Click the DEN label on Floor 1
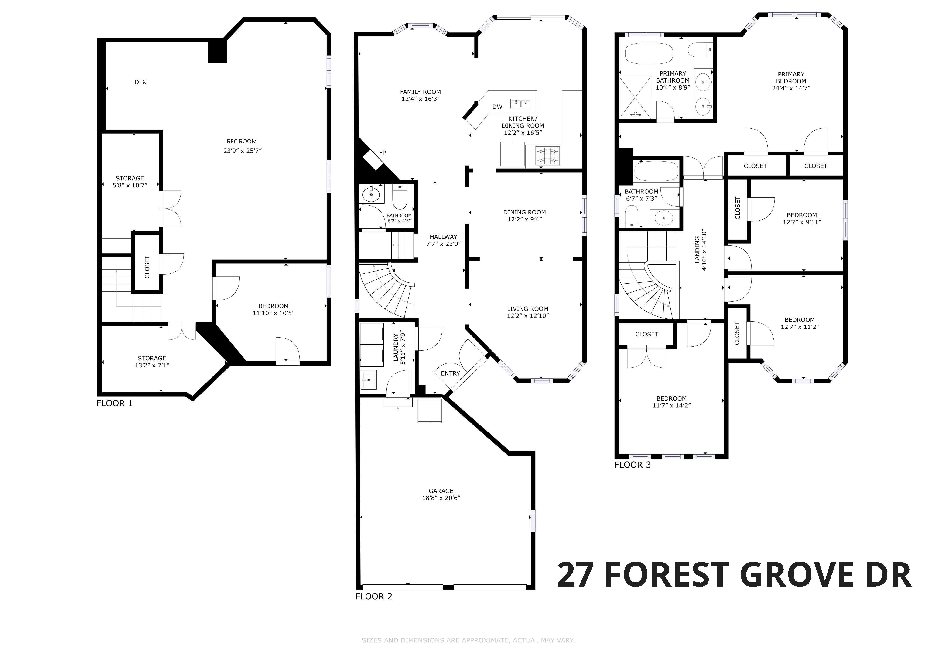(x=141, y=82)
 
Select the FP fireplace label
(x=382, y=153)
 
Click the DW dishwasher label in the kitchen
(x=497, y=107)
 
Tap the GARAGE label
(x=441, y=491)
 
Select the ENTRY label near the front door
(x=451, y=373)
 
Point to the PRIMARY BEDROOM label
(x=791, y=78)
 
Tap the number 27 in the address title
(x=575, y=575)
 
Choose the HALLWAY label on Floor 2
(x=443, y=237)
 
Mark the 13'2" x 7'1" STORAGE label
(x=152, y=362)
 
